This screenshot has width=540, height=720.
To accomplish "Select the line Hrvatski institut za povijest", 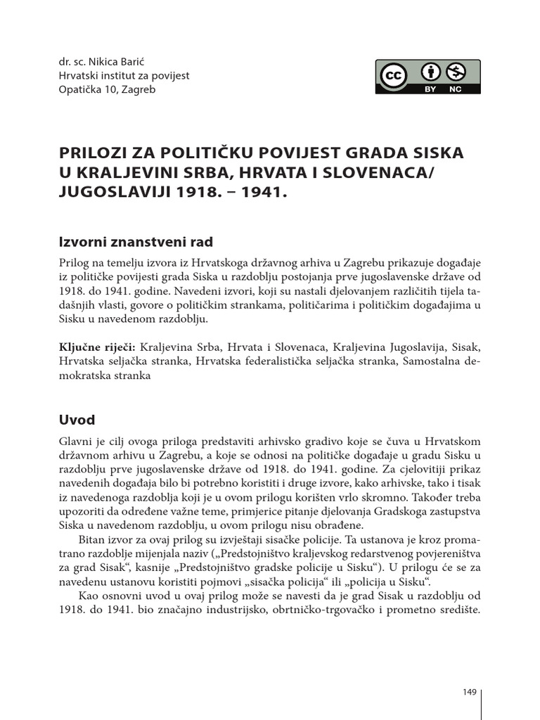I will pyautogui.click(x=124, y=75).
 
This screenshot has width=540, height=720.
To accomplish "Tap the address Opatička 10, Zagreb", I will pyautogui.click(x=108, y=89).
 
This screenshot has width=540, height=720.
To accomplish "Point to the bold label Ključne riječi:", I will pyautogui.click(x=98, y=347).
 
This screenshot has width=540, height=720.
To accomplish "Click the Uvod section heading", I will pyautogui.click(x=77, y=420).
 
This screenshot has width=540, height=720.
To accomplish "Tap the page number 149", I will pyautogui.click(x=470, y=693).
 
